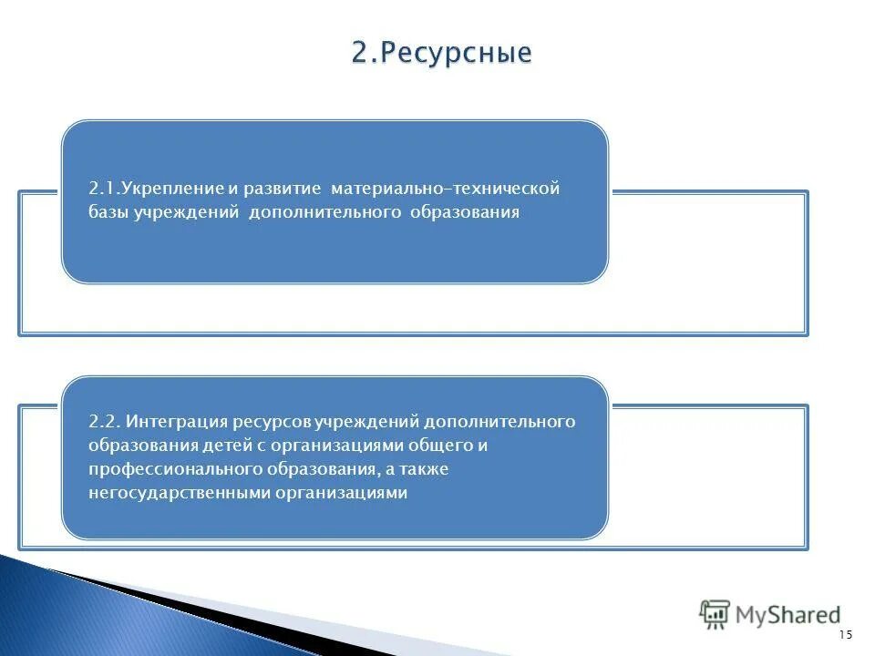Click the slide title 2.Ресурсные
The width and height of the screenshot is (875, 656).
click(x=441, y=53)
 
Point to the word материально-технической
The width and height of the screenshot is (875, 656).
click(x=445, y=189)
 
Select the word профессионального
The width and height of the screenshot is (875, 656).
click(x=175, y=469)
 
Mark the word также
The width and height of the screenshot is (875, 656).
click(x=423, y=469)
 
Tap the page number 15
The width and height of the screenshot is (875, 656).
click(x=844, y=635)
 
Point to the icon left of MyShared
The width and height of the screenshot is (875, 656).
click(x=715, y=614)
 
